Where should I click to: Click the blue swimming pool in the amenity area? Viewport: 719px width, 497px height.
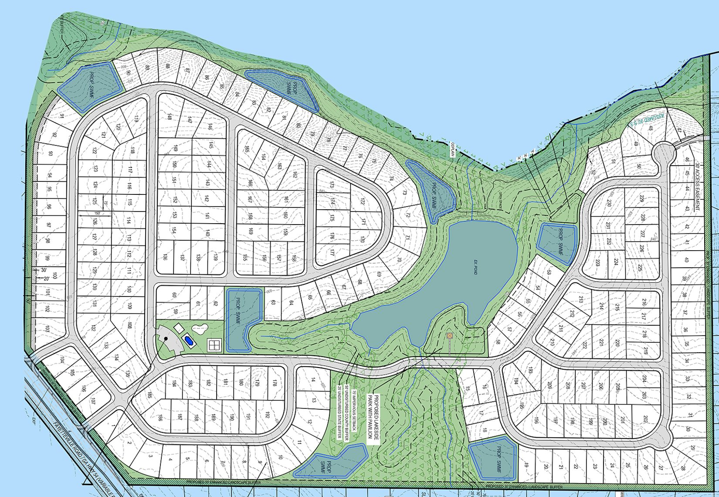(x=189, y=340)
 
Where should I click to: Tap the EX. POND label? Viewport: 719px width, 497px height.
(x=475, y=266)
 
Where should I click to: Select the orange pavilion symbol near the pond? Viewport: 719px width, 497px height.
(x=450, y=336)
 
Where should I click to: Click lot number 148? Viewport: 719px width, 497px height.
(x=169, y=117)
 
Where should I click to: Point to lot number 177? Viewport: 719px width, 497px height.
(x=332, y=252)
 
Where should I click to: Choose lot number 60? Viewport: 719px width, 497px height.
(x=174, y=295)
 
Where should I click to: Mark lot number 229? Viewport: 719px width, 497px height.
(x=641, y=198)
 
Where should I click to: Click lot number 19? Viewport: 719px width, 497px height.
(x=526, y=466)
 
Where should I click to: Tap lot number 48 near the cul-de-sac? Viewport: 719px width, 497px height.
(x=651, y=128)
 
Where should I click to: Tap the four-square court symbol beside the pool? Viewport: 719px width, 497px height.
(x=214, y=345)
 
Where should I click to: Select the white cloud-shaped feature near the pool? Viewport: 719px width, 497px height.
(x=200, y=329)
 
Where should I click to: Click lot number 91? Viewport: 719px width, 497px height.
(x=62, y=116)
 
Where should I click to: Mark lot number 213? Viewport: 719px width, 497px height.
(x=580, y=300)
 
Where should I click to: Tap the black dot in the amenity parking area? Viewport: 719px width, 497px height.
(x=166, y=338)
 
